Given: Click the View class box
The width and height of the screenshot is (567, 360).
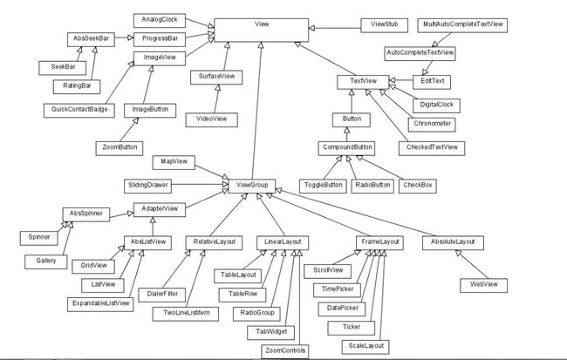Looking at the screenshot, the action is click(x=262, y=31).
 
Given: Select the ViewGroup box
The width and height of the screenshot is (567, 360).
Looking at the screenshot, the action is click(x=252, y=186).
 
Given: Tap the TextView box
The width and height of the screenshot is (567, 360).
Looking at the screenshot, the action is click(x=363, y=82).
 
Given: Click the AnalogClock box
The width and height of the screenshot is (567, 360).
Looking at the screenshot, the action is click(x=160, y=20).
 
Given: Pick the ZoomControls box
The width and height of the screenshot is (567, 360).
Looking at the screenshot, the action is click(x=285, y=351).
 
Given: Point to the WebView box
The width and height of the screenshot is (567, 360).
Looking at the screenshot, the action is click(x=484, y=285).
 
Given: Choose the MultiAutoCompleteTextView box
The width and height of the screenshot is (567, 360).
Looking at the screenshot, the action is click(x=462, y=25).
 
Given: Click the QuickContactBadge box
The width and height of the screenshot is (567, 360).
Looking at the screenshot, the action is click(x=79, y=110).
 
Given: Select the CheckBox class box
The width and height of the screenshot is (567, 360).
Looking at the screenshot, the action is click(x=418, y=186).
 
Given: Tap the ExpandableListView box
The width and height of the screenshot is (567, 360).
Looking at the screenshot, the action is click(x=100, y=304).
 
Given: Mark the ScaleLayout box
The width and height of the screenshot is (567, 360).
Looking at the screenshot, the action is click(x=365, y=347).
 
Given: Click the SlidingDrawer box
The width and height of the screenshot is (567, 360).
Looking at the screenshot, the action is click(x=147, y=186).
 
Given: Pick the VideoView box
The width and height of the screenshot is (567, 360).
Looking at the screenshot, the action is click(x=212, y=119).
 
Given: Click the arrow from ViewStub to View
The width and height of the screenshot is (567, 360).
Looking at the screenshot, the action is click(x=335, y=28).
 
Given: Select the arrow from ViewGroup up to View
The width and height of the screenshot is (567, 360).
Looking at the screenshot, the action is click(x=256, y=110).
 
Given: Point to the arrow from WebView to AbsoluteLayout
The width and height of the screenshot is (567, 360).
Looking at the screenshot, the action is click(x=472, y=264).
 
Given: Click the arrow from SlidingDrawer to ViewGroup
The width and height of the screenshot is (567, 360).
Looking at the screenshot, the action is click(x=200, y=184).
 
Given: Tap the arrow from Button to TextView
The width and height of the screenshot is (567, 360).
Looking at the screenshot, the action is click(x=352, y=101).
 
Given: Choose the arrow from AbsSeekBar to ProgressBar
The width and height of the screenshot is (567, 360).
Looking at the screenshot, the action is click(x=124, y=37).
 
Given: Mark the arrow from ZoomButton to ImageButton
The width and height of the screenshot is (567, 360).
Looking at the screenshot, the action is click(x=129, y=129).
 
